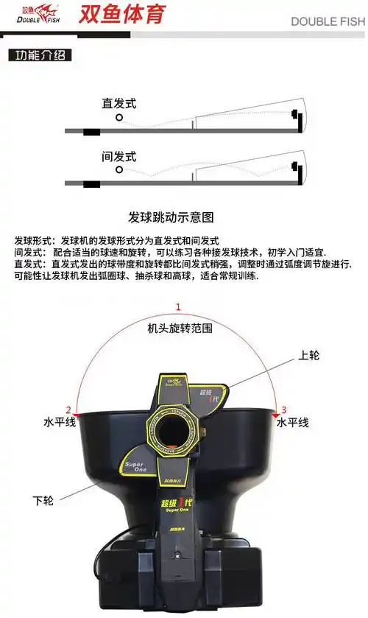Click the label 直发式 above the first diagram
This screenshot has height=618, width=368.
tap(118, 103)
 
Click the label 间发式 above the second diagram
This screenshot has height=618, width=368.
tap(118, 156)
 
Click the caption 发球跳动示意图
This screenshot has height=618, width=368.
tap(171, 217)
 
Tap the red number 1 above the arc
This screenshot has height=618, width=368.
tap(177, 307)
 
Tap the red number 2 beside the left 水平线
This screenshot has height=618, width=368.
tap(68, 410)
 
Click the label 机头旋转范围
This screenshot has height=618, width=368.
tap(180, 327)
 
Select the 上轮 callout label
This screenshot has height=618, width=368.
tap(309, 355)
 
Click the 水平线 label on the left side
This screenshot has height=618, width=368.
tap(59, 423)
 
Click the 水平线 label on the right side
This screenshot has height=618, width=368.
tap(292, 423)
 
